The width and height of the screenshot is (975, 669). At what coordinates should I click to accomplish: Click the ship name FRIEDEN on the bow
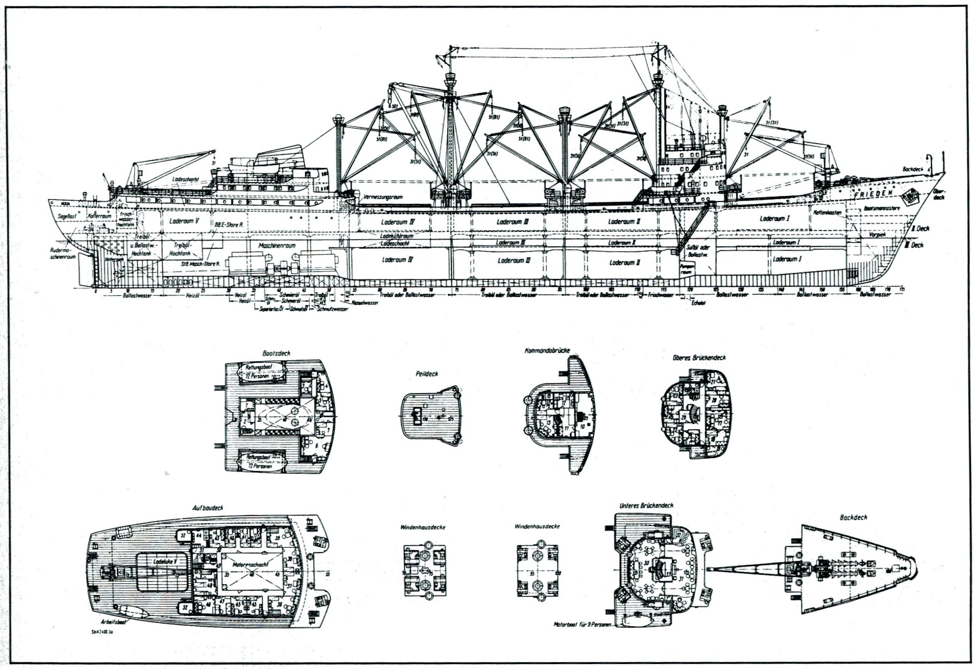pos(874,194)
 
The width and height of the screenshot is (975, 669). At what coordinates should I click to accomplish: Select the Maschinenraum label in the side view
pos(277,245)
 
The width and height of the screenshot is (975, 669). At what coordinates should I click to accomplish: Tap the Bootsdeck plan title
pos(276,353)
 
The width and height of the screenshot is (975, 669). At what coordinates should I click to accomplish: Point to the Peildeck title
pos(427,374)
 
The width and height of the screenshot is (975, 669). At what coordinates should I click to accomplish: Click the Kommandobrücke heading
pos(547,351)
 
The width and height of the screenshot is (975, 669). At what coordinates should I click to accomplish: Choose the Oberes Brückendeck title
pos(699,357)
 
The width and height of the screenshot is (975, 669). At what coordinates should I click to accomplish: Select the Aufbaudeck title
pos(207,508)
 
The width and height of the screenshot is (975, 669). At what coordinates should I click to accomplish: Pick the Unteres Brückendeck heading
pos(646,505)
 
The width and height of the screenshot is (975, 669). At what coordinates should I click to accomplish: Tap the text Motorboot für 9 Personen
pos(582,624)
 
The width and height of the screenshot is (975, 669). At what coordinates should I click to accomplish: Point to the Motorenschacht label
pos(250,565)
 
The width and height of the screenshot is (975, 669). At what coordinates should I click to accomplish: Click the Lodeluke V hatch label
pos(165,562)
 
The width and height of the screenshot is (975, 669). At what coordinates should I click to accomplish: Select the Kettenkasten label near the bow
pos(827,212)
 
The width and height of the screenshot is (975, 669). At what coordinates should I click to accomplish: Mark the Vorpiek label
pos(877,235)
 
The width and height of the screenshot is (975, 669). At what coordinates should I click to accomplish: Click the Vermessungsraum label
pos(383,197)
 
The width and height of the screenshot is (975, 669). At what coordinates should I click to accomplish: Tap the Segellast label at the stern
pos(67,217)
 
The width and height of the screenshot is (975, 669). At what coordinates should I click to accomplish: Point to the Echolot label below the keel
pos(698,303)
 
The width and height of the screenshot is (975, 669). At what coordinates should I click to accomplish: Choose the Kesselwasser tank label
pos(365,303)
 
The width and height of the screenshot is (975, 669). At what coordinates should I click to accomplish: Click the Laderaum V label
pos(184,221)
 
